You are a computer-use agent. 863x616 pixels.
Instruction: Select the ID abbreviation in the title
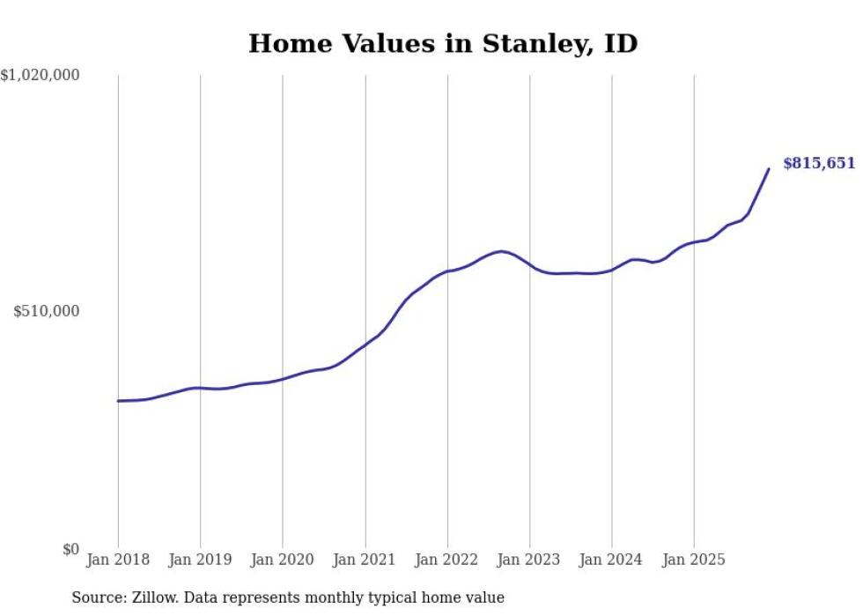(620, 44)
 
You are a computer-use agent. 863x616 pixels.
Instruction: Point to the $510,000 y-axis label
(47, 312)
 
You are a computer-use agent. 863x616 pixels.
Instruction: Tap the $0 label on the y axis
(70, 550)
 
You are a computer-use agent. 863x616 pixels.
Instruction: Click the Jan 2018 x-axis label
(118, 560)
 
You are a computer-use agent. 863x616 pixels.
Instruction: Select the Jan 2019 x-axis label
(200, 560)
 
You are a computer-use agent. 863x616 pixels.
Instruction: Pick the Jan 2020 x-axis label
(283, 560)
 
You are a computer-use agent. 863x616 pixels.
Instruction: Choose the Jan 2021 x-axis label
(365, 560)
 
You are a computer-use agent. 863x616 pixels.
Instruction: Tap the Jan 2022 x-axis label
(447, 560)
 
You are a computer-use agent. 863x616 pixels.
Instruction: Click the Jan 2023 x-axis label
(529, 560)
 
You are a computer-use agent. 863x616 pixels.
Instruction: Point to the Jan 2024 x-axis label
(612, 560)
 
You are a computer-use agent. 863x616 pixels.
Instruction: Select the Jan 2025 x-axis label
(694, 560)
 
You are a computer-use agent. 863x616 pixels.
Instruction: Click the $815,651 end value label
(819, 164)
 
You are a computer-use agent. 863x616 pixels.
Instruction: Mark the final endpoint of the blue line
(769, 169)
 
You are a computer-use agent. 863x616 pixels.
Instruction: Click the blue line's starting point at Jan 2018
(118, 401)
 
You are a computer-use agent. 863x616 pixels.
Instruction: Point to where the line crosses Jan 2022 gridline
(447, 271)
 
